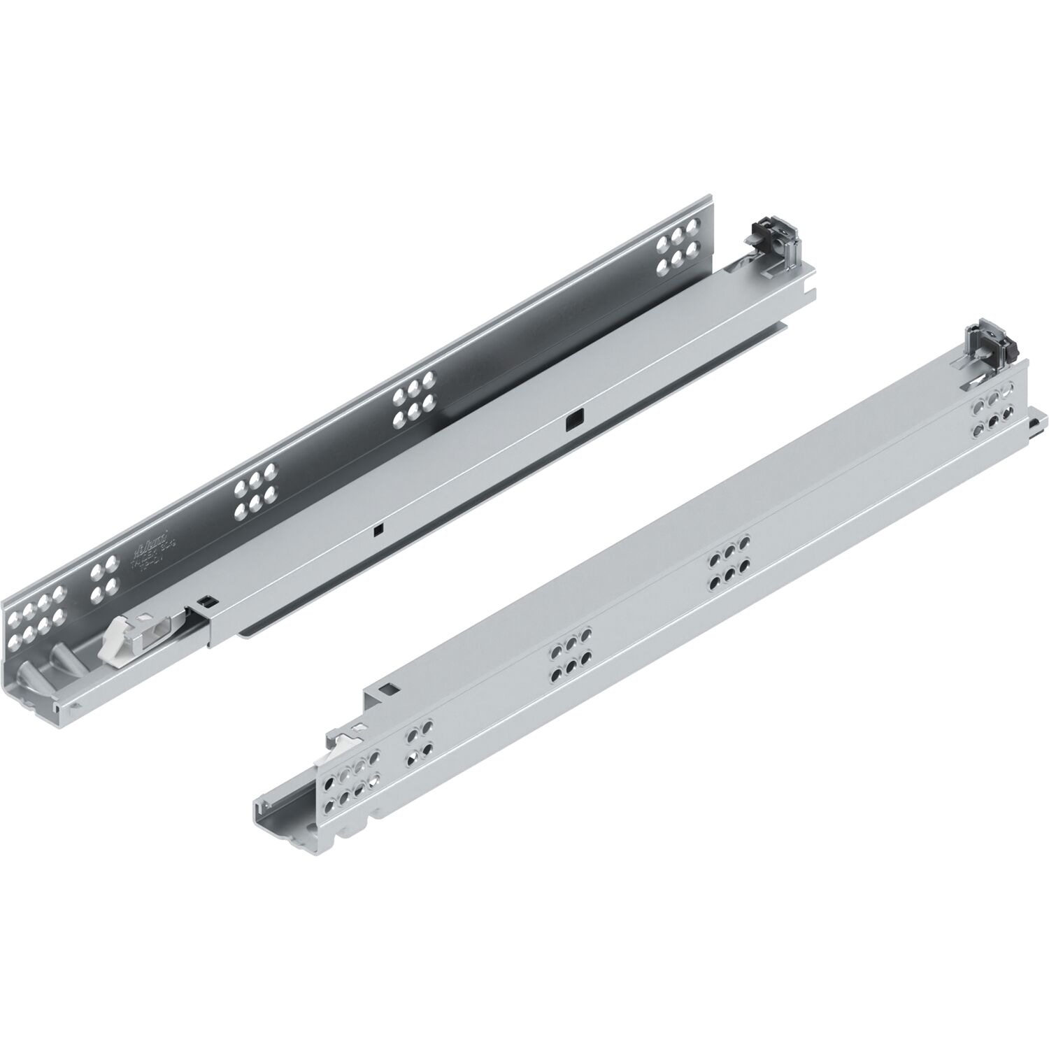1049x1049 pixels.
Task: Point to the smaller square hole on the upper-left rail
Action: point(377,529)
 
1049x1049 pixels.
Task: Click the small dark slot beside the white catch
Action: point(204,599)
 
